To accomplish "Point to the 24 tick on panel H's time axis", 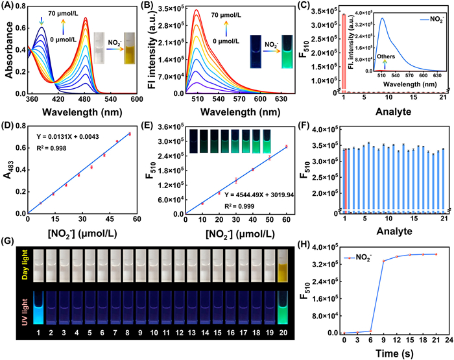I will tap(448, 340).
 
